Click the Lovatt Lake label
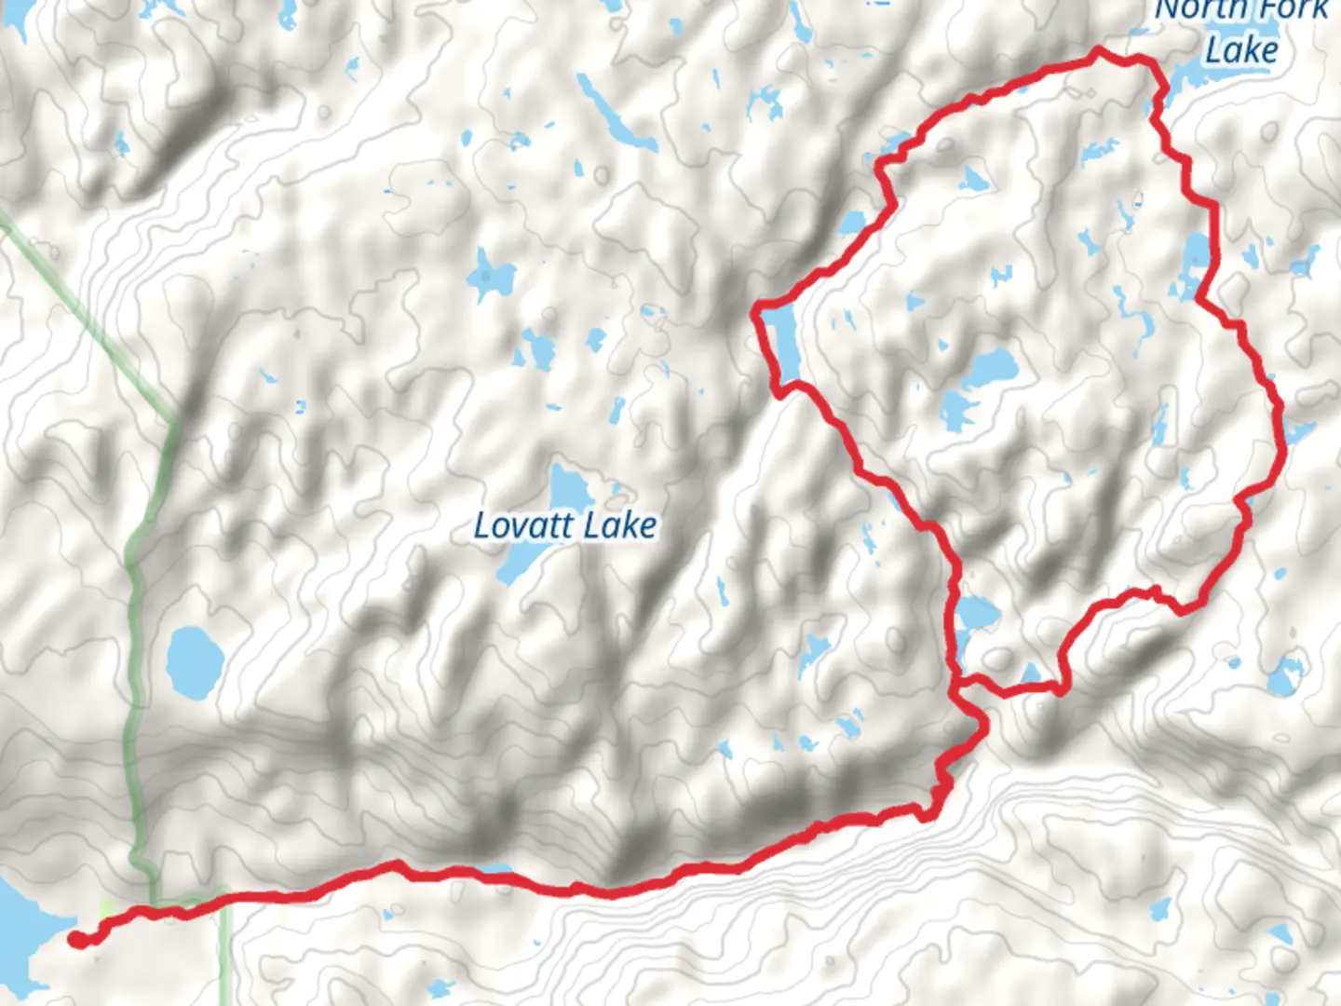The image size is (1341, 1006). [565, 526]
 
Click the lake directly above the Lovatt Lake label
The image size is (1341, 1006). [565, 484]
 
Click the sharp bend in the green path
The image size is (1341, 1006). [172, 421]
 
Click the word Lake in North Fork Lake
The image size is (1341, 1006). [1241, 48]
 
